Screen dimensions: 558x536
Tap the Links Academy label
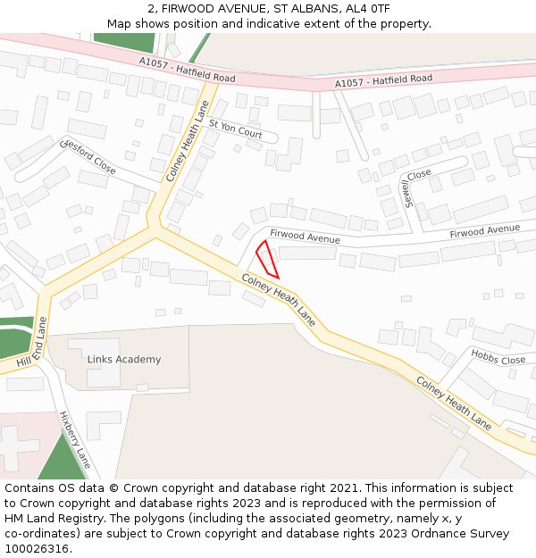[x=124, y=360]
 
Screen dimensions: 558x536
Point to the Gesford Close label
[x=88, y=156]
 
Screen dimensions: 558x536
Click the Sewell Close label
[x=411, y=188]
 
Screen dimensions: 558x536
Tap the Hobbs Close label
[x=498, y=358]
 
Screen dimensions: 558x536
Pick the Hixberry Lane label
[x=74, y=439]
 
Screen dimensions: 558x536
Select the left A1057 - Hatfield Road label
[x=187, y=71]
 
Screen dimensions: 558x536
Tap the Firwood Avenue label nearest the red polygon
[x=305, y=237]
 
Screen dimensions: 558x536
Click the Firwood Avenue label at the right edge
[x=484, y=231]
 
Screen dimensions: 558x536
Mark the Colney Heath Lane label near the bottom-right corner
[x=453, y=402]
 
